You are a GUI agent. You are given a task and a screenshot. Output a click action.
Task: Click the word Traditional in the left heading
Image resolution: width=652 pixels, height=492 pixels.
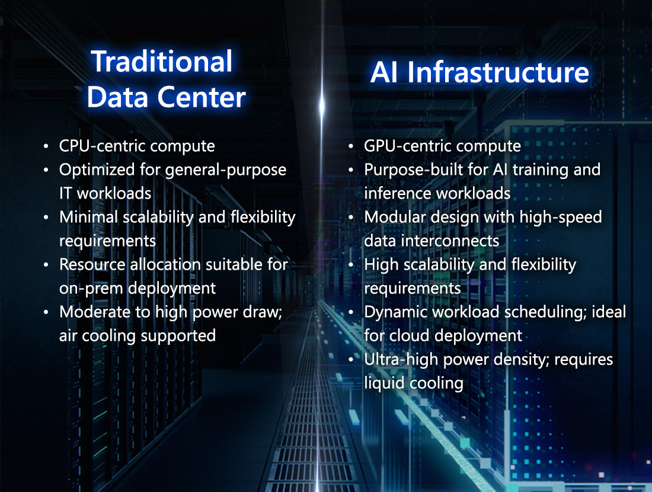[161, 62]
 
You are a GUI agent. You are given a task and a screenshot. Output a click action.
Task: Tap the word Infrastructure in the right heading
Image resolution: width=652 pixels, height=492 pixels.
[498, 72]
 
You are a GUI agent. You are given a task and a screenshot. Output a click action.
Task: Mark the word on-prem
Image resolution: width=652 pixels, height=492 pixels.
[91, 289]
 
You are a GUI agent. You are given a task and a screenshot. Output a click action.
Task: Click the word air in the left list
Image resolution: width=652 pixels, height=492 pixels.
[68, 336]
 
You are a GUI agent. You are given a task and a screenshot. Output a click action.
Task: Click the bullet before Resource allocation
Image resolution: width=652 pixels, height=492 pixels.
[46, 266]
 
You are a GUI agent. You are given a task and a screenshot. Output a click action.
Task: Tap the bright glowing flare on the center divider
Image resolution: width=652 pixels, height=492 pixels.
[321, 106]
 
